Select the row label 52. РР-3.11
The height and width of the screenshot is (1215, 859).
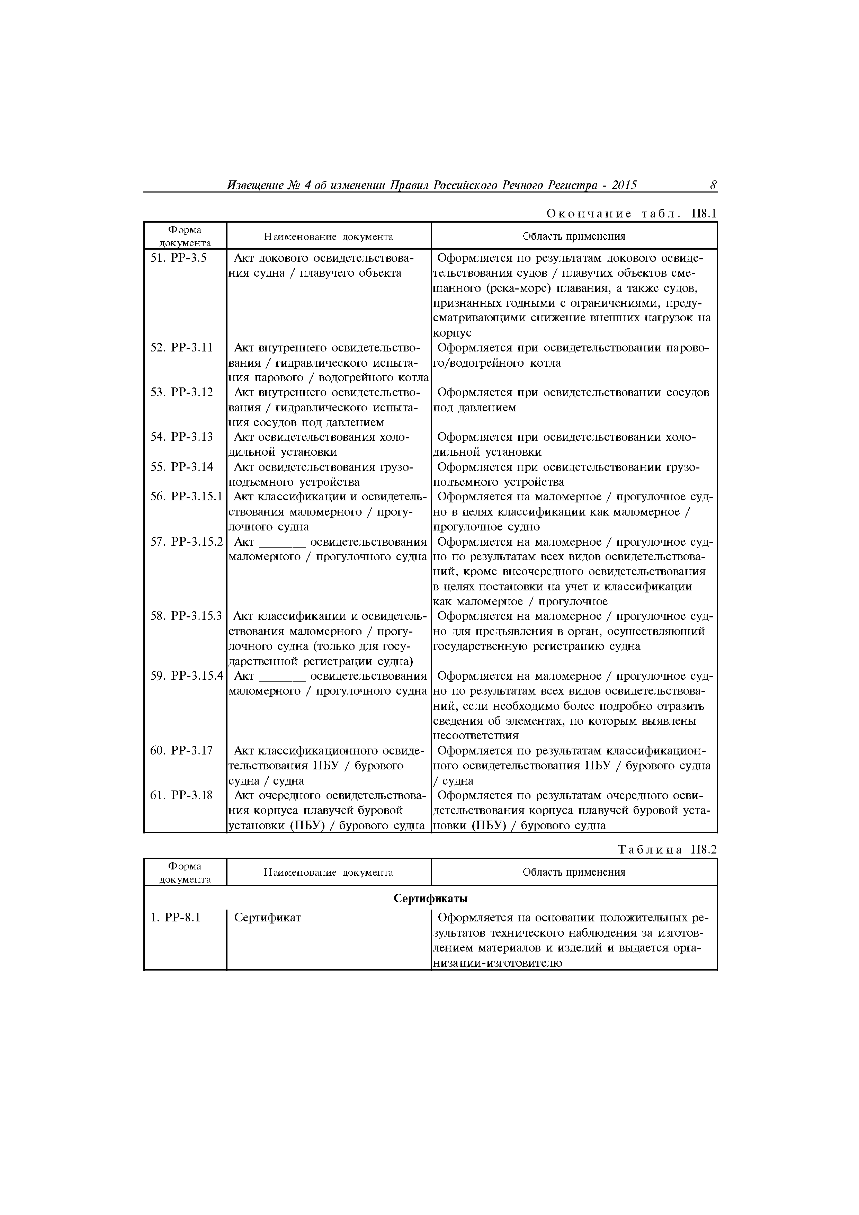click(x=181, y=348)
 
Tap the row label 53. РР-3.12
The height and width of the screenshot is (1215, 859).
click(x=181, y=392)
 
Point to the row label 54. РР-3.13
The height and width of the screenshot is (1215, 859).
click(x=181, y=437)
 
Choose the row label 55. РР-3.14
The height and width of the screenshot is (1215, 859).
click(x=181, y=467)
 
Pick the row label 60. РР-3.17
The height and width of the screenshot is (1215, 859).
click(x=181, y=750)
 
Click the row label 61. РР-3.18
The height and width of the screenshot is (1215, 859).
click(x=181, y=795)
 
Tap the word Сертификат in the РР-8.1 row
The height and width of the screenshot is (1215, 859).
click(x=267, y=918)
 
